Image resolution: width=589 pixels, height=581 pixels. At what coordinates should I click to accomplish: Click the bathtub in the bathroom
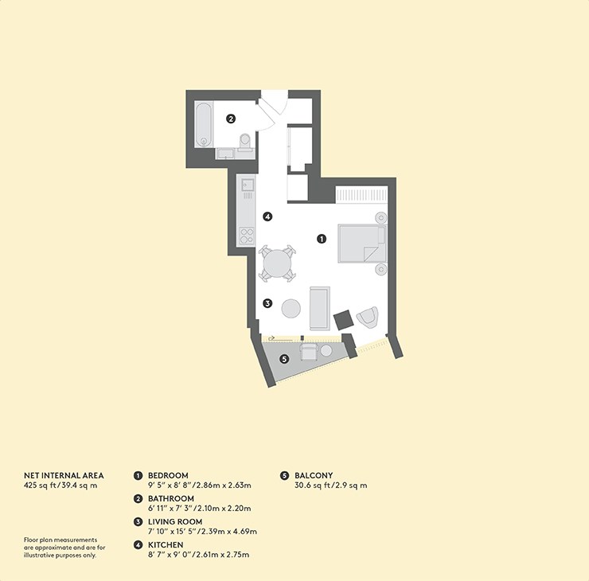(204, 125)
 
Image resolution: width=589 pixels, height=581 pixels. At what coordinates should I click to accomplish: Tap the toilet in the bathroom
(245, 142)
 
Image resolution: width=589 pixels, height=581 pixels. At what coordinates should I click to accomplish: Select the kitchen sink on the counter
(248, 185)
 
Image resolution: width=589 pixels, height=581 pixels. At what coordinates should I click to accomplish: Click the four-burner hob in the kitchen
(247, 236)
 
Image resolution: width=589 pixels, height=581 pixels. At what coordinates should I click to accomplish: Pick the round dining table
(277, 263)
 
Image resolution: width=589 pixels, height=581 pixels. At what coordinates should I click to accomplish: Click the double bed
(362, 244)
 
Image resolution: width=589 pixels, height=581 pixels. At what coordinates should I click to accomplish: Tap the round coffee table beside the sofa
(291, 308)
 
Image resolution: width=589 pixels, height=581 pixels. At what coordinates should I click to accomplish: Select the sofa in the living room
(320, 308)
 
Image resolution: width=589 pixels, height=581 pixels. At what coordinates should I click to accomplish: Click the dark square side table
(343, 320)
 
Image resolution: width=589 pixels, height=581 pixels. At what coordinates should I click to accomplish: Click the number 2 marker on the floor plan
(231, 119)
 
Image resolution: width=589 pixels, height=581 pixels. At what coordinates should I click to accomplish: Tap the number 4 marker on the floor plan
(267, 216)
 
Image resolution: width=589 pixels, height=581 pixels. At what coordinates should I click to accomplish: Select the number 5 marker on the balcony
(284, 359)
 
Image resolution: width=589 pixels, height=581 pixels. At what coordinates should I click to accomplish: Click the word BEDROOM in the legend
(168, 475)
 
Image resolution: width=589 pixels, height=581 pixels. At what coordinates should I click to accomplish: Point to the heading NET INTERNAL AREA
(64, 475)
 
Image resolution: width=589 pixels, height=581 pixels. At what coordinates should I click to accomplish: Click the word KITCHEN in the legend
(166, 545)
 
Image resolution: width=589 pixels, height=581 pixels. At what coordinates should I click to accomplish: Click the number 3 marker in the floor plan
(267, 303)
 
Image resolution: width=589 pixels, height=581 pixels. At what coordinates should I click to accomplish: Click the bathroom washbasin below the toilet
(225, 154)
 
